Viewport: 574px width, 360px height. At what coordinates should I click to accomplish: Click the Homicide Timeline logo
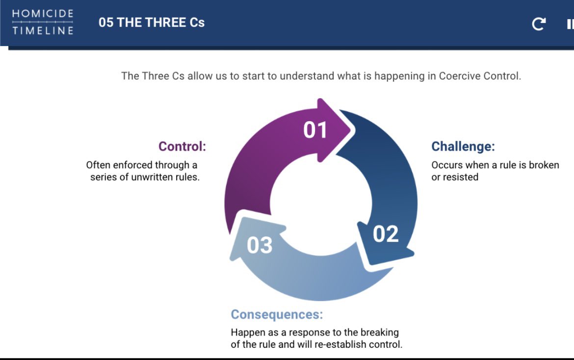(43, 22)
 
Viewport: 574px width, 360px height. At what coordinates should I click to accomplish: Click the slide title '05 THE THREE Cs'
(151, 23)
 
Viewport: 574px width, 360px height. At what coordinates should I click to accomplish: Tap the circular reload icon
(539, 24)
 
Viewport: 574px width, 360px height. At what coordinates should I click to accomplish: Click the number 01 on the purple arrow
(315, 130)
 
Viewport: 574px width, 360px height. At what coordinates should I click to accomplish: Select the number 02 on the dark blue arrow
(386, 234)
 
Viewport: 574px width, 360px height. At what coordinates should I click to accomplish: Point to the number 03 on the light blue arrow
(259, 245)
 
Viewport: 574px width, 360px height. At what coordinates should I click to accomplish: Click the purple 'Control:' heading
(182, 146)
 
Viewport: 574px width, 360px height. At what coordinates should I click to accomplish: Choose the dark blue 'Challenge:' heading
(463, 146)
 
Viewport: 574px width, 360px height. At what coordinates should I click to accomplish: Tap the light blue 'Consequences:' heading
(277, 314)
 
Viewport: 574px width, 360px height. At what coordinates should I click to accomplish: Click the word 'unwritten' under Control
(151, 177)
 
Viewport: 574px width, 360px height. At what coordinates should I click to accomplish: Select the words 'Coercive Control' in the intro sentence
(479, 76)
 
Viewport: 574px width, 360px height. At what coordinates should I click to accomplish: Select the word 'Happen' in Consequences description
(247, 333)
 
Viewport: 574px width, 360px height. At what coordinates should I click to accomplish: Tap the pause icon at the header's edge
(570, 24)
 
